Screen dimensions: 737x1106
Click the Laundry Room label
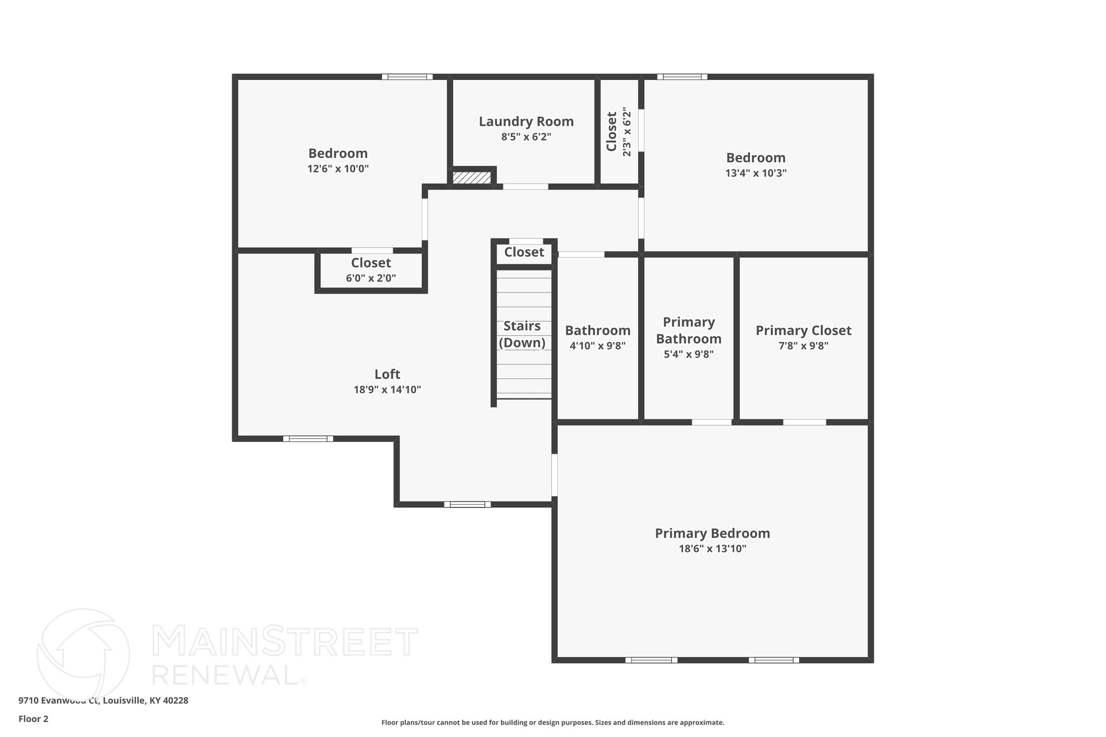click(x=526, y=121)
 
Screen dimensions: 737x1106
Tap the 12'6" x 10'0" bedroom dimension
click(x=338, y=168)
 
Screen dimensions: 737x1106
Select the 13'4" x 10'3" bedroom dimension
click(x=756, y=173)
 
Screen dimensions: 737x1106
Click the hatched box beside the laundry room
click(x=471, y=178)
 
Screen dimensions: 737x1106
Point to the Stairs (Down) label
click(x=522, y=334)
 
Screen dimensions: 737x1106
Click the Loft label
click(x=387, y=374)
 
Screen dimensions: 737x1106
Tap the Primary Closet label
click(x=803, y=330)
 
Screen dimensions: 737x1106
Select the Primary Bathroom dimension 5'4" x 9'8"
click(x=689, y=354)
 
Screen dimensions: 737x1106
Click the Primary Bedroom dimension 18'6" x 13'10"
click(x=712, y=549)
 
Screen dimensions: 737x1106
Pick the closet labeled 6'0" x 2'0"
click(x=371, y=271)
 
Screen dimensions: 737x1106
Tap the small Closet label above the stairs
click(x=524, y=252)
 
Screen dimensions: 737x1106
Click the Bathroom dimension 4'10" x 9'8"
click(x=597, y=346)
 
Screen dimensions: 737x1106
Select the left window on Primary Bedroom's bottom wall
click(x=651, y=660)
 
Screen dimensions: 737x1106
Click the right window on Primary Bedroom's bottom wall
click(x=774, y=660)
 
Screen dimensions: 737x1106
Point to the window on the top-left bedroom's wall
click(x=407, y=77)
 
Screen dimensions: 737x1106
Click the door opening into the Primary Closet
click(x=804, y=422)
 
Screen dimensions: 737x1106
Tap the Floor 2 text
click(x=33, y=719)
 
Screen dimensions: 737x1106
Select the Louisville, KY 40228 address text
click(x=145, y=700)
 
